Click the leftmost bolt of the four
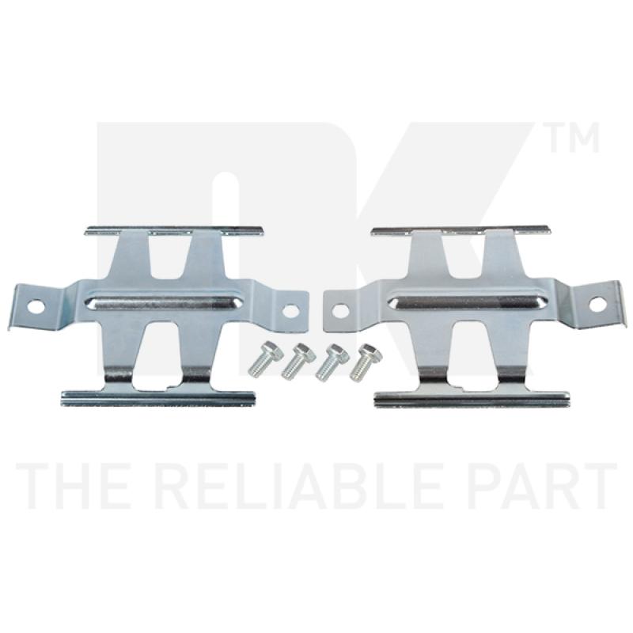pos(262,359)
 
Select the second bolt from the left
pos(297,361)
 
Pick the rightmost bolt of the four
pos(365,362)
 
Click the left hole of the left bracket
pos(36,306)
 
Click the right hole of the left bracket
pos(290,310)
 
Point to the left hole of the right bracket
pos(340,310)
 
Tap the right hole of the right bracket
pos(597,304)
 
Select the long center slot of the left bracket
pos(165,303)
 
